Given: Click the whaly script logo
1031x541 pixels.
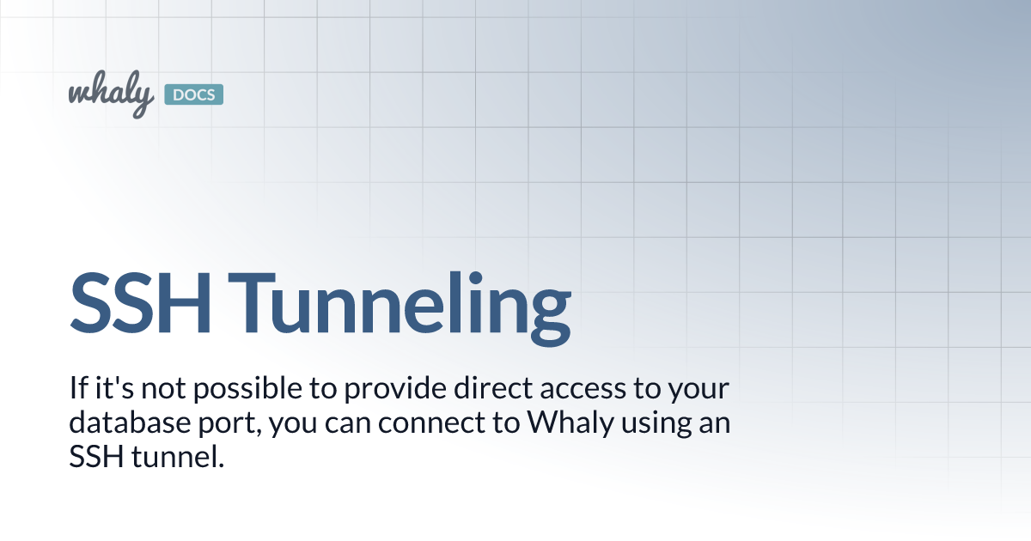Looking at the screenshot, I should pyautogui.click(x=111, y=94).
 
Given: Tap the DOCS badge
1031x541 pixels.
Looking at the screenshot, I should pyautogui.click(x=192, y=94).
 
